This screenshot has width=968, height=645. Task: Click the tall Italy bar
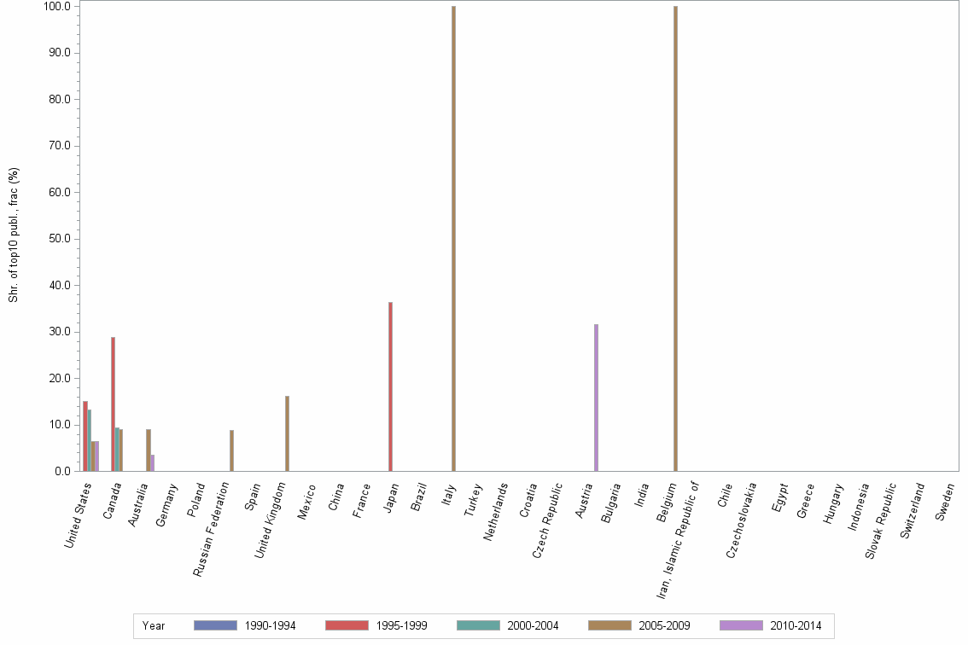453,239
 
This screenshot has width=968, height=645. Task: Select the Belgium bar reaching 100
675,239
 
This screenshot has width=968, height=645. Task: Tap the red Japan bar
390,386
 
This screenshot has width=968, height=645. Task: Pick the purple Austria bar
596,398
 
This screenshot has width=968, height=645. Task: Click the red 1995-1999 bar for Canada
113,404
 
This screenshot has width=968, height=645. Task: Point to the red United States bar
85,436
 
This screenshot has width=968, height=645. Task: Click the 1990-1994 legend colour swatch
215,625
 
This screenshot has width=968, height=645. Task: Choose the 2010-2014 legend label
795,626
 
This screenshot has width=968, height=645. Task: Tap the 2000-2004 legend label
532,626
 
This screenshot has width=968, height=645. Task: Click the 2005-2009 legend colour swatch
609,625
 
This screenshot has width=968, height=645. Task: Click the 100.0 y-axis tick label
57,7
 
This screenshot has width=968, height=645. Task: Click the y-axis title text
14,235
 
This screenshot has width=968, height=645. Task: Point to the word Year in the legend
154,626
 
